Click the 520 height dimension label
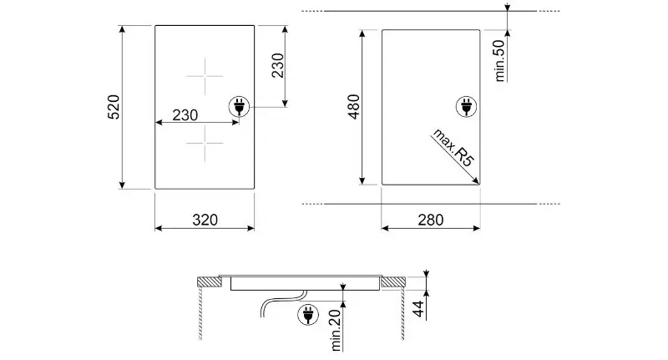coord(113,107)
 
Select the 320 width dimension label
coord(205,220)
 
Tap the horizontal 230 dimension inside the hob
coord(185,115)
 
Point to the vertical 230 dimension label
coord(277,66)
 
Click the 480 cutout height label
coord(353,107)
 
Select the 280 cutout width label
coord(431,220)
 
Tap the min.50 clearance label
coord(498,60)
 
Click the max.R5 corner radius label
coord(453,147)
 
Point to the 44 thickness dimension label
coord(419,309)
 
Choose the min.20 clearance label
coord(336,331)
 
